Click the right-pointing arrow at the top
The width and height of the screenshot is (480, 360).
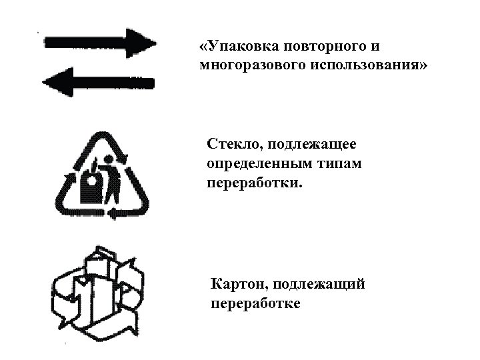[100, 44]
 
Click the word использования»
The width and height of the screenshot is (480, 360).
[368, 67]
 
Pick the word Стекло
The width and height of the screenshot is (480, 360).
[232, 144]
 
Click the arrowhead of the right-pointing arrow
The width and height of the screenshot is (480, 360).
[141, 43]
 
